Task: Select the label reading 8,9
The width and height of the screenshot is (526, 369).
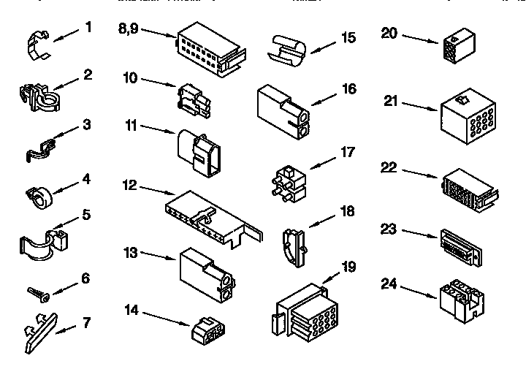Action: (128, 28)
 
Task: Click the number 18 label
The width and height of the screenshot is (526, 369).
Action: (347, 212)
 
